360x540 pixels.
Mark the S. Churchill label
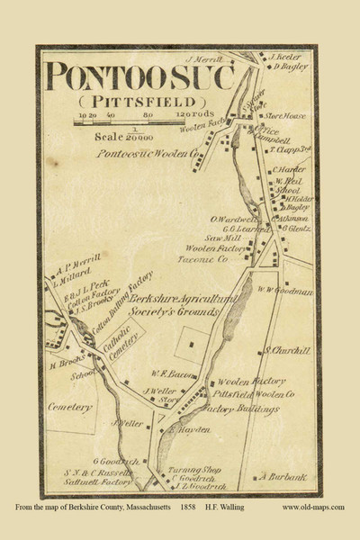280,350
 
